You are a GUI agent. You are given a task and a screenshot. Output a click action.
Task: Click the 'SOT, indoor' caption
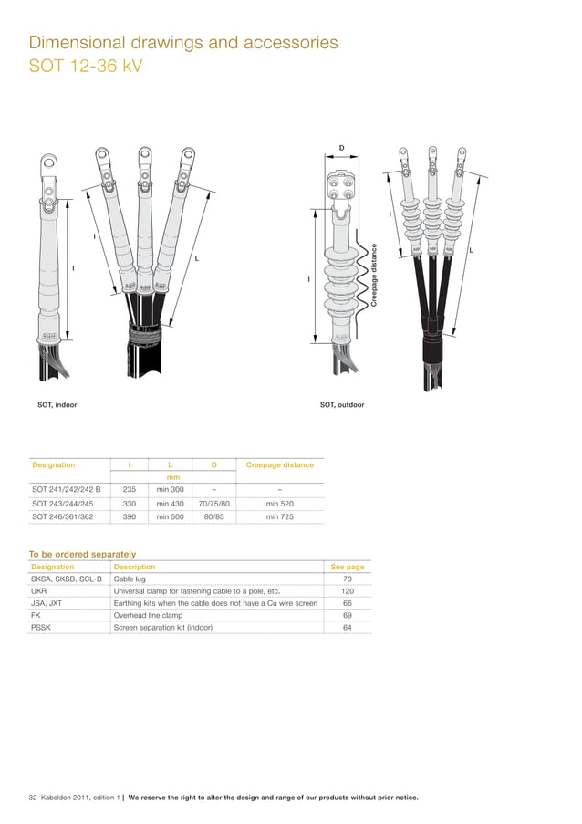(56, 404)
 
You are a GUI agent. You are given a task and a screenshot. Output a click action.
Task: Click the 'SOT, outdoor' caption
(342, 404)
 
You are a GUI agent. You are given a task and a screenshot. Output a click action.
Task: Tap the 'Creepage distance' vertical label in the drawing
(374, 274)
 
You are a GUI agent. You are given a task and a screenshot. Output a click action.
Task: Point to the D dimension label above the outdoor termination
(342, 147)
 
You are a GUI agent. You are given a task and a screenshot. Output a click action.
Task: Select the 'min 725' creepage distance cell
(279, 516)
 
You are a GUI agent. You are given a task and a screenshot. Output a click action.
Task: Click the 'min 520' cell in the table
(279, 503)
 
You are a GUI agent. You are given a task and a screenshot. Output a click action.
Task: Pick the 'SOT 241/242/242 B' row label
(66, 489)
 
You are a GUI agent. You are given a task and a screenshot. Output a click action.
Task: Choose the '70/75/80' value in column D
(214, 503)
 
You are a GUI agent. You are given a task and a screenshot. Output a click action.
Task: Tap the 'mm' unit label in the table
(171, 476)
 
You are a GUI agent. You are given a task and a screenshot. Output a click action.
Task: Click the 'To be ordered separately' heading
(82, 554)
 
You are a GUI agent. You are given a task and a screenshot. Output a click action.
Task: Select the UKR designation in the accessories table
(39, 591)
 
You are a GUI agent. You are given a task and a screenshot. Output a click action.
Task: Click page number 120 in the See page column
(347, 591)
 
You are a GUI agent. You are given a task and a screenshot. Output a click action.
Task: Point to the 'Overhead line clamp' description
(147, 615)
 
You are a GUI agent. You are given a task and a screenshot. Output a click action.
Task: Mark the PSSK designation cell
(42, 627)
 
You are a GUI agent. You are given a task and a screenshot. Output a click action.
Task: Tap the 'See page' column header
(347, 567)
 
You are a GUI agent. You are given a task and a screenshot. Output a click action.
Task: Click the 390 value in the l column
(130, 516)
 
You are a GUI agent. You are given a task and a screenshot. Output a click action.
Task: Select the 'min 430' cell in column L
(171, 503)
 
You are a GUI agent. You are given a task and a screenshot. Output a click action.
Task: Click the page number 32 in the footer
(33, 798)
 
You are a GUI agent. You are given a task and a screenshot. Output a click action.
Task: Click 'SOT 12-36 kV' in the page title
(87, 68)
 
